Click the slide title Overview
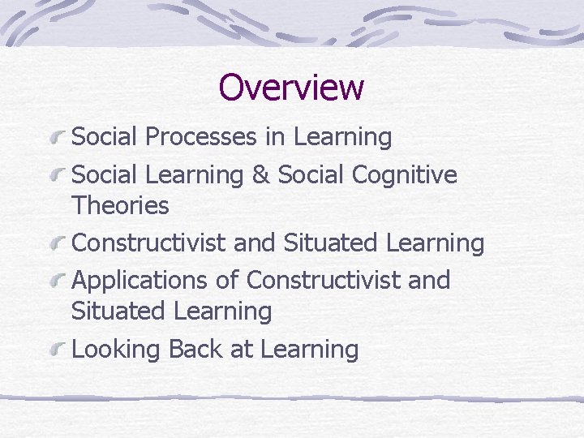(291, 87)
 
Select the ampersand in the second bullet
(260, 175)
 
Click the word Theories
(120, 206)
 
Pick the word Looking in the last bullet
(117, 350)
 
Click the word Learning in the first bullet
(342, 137)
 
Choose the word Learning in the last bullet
(309, 350)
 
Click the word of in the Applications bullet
(228, 281)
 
